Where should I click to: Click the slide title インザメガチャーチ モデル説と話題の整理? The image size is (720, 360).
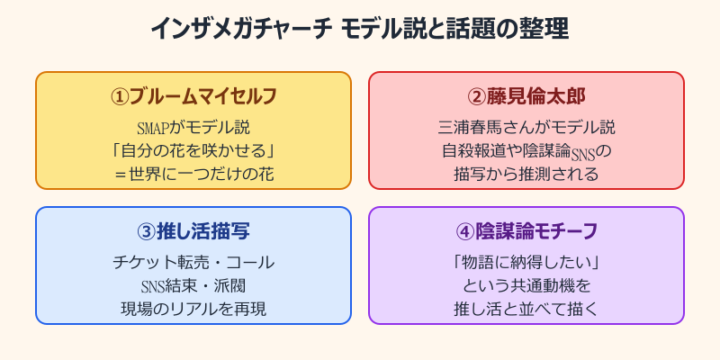[x=360, y=29]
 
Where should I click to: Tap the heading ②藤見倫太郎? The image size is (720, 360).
[x=526, y=95]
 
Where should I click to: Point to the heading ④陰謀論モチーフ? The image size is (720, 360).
[x=526, y=230]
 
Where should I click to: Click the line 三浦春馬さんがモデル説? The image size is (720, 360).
[x=526, y=127]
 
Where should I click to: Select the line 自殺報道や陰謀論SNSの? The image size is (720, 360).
[x=526, y=150]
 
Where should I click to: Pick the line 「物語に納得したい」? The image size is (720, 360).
[x=526, y=262]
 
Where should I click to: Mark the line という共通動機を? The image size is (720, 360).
[x=526, y=285]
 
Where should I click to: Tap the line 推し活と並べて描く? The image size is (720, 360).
[x=526, y=309]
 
